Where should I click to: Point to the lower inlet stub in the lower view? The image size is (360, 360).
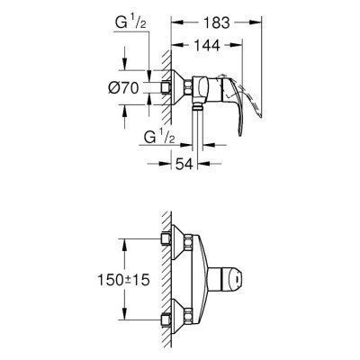166,322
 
